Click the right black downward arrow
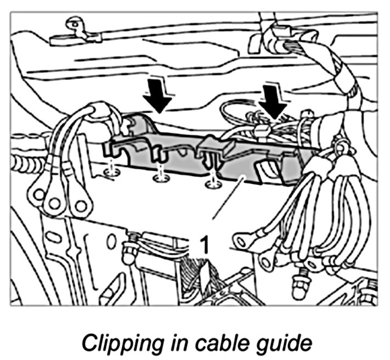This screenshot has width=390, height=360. [273, 99]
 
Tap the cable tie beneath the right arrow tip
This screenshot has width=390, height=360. [262, 131]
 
